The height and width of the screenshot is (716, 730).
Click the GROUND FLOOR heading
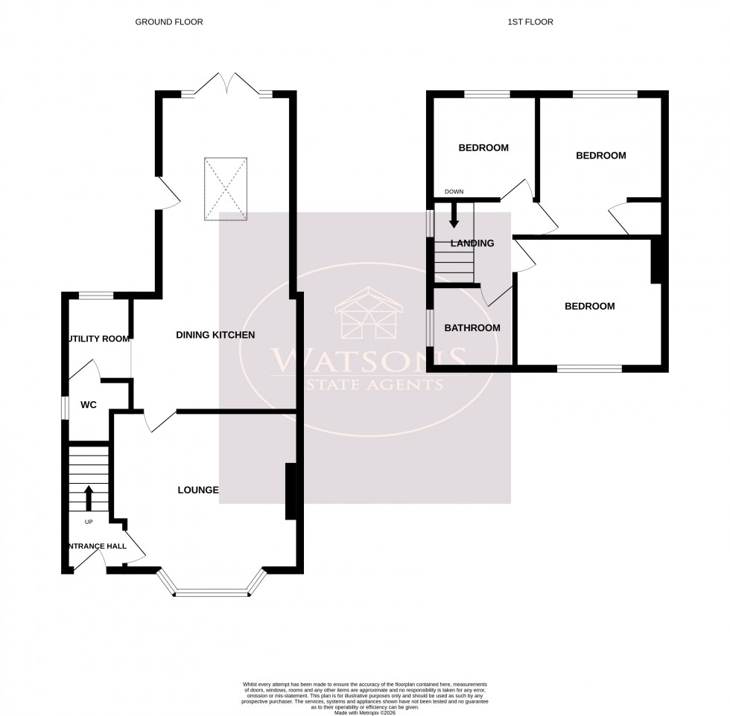coord(169,22)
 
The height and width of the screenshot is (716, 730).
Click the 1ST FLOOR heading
coord(530,22)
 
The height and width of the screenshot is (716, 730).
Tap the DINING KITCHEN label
coord(215,336)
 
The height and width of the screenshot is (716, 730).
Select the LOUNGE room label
coord(197,490)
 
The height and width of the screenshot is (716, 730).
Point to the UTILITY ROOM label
coord(98,339)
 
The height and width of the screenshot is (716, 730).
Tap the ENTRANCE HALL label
coord(96,546)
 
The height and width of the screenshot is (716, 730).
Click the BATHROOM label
coord(472,328)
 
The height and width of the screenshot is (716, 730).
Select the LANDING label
coord(472,243)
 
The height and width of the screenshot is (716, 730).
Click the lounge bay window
coord(211,593)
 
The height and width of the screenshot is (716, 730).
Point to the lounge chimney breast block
coord(291,491)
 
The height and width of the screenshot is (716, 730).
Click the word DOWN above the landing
coord(454,192)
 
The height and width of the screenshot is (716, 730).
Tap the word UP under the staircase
coord(89,522)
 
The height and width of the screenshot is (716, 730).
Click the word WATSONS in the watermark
coord(364,362)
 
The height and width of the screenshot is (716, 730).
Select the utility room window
coord(95,295)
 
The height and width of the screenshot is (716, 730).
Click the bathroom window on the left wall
coord(430,328)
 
